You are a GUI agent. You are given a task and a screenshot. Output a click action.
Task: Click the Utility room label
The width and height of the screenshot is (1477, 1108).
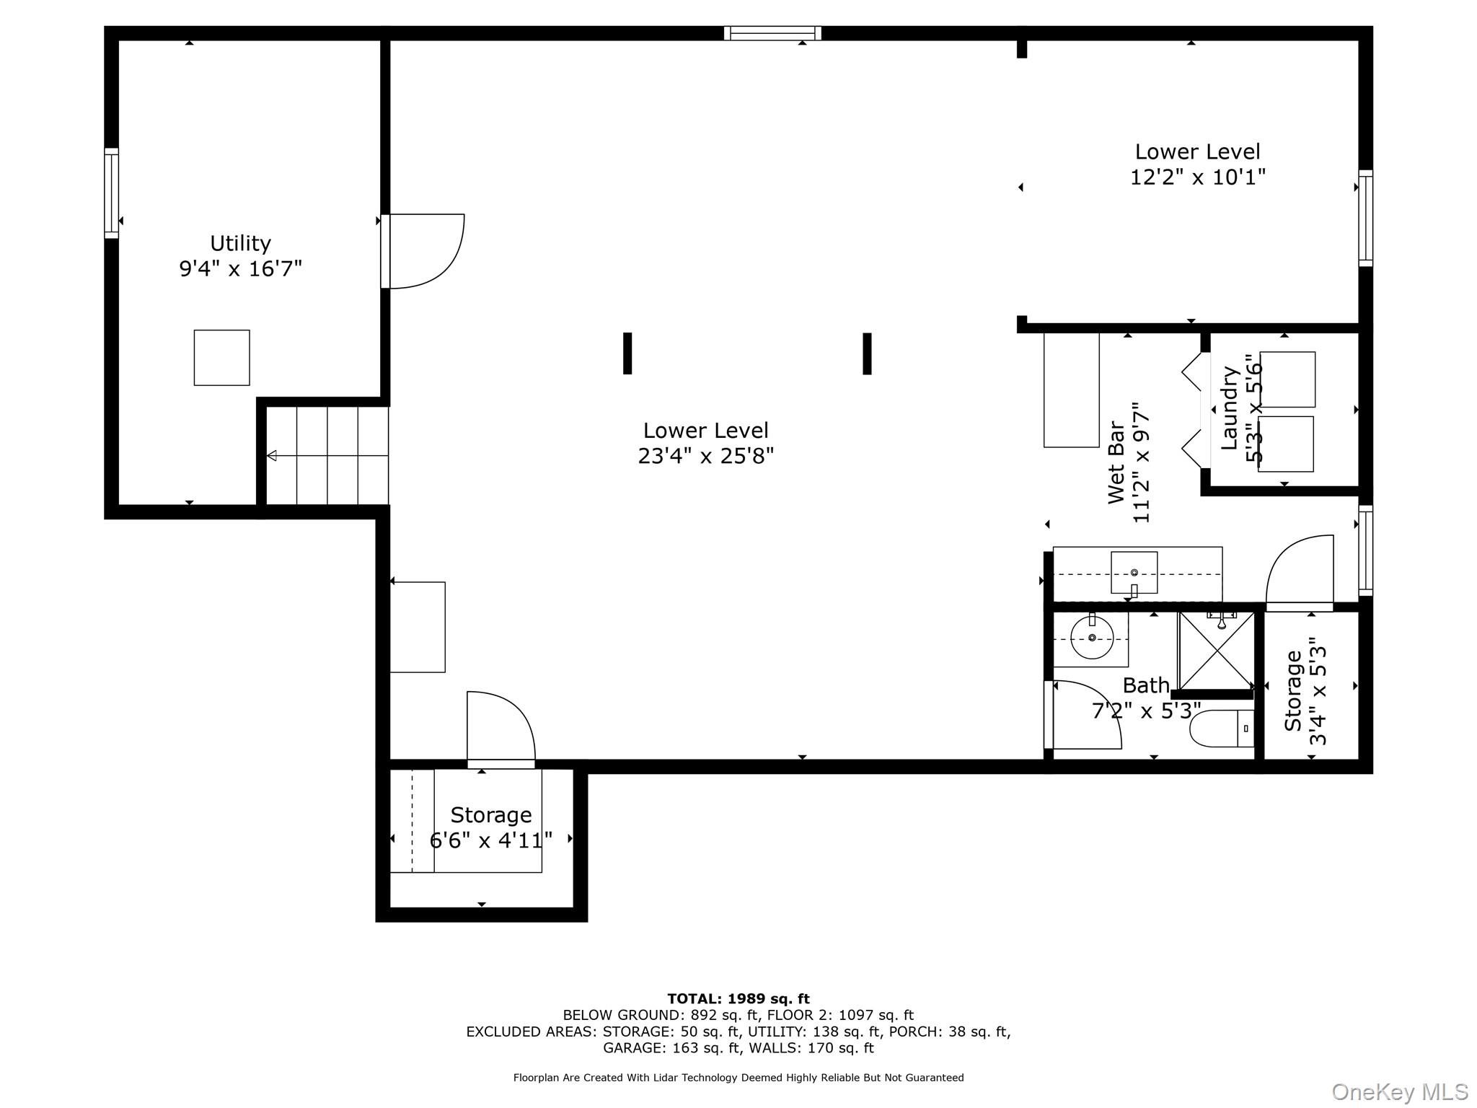coord(240,243)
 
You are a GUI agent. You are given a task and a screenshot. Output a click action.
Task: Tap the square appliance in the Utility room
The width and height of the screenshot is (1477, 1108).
coord(221,358)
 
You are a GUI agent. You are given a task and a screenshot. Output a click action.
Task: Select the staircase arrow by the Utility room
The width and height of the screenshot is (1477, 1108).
coord(272,456)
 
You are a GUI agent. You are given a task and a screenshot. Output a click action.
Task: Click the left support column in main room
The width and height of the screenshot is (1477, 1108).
coord(627,353)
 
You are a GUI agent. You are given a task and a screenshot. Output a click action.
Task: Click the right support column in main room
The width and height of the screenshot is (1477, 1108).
coord(867,353)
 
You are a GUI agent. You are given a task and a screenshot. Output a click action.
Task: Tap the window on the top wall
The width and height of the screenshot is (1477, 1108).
coord(772,33)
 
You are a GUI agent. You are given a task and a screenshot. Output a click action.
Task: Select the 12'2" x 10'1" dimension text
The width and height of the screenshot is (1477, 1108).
coord(1197,177)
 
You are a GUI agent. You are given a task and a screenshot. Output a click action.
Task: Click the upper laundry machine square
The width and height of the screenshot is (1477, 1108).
coord(1288,379)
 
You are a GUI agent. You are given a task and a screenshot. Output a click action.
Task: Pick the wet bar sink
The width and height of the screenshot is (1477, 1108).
coord(1134,573)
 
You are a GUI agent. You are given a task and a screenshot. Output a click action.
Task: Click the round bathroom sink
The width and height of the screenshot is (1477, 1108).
coord(1092,638)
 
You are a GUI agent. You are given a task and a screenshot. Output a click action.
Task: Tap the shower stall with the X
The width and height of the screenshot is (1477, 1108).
coord(1217,651)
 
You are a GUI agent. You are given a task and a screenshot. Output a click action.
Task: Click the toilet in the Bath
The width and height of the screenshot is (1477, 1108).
coord(1222,729)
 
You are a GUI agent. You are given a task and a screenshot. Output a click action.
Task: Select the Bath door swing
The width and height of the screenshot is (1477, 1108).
coord(1085,714)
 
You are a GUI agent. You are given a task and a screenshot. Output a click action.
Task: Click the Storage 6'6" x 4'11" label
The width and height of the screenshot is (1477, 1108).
coord(490,815)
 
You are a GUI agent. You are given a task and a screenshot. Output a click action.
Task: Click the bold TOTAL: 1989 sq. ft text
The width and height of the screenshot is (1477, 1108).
coord(738,999)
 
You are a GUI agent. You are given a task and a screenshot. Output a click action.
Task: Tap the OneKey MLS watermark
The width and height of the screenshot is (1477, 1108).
coord(1399,1092)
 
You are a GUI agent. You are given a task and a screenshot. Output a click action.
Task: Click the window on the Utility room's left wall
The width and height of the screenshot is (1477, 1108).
coord(111,193)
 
